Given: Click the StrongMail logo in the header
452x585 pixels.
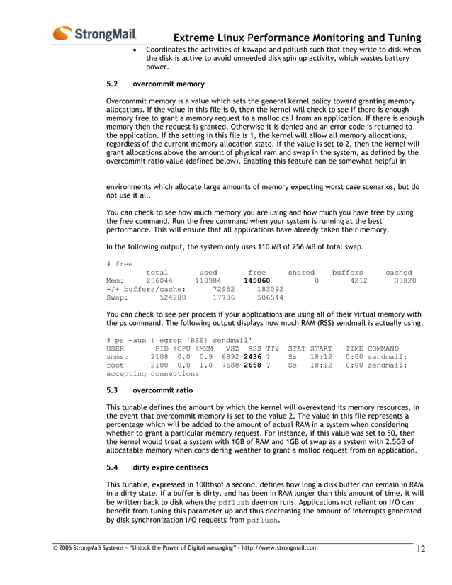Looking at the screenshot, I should [94, 33].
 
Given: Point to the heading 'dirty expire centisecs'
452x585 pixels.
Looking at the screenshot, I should [175, 467].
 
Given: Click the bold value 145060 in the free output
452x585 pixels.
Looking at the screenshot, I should [256, 280].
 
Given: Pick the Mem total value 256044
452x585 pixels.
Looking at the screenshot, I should [159, 280].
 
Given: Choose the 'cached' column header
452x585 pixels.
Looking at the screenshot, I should [398, 272].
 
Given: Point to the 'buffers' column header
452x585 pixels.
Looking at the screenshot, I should [347, 272].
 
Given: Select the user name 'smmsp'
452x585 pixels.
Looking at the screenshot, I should [119, 357].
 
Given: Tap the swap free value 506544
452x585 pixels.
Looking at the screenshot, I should [270, 298].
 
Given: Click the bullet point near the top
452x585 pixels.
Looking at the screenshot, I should [136, 51].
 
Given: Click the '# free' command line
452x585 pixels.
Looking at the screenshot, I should [119, 263].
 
